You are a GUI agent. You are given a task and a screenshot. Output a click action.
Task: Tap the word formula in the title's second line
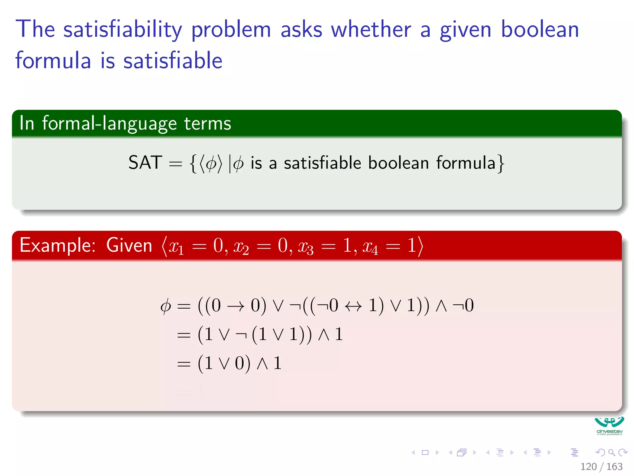tap(53, 60)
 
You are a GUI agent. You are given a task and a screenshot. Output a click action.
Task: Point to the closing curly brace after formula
tap(501, 163)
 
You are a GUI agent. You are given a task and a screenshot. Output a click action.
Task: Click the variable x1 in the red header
tap(176, 247)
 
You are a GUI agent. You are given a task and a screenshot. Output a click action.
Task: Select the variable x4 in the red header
tap(370, 247)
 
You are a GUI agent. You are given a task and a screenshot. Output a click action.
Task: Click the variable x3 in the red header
tap(305, 247)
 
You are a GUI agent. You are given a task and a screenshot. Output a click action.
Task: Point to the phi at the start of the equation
tap(166, 306)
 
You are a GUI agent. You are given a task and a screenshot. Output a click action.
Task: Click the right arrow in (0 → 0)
tap(236, 306)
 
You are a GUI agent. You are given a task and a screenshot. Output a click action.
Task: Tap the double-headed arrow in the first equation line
tap(353, 306)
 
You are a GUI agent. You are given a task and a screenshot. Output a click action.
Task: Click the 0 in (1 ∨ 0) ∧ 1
tap(240, 363)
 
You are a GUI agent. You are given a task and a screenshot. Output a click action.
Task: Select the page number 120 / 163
tap(601, 466)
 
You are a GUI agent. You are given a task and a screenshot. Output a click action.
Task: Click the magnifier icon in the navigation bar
tap(611, 452)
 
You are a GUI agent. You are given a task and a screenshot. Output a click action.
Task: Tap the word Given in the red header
tap(129, 245)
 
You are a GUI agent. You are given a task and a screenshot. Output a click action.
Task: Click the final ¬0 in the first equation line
tap(463, 305)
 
